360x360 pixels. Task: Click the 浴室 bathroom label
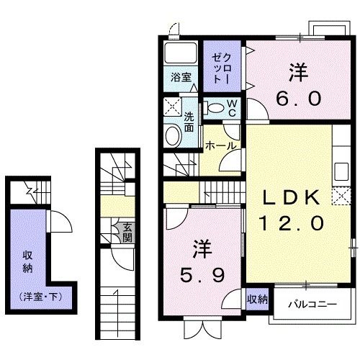pyautogui.click(x=181, y=77)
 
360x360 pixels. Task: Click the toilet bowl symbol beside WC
pyautogui.click(x=214, y=108)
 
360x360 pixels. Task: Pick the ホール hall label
pyautogui.click(x=220, y=145)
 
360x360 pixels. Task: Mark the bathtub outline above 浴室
pyautogui.click(x=181, y=53)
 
